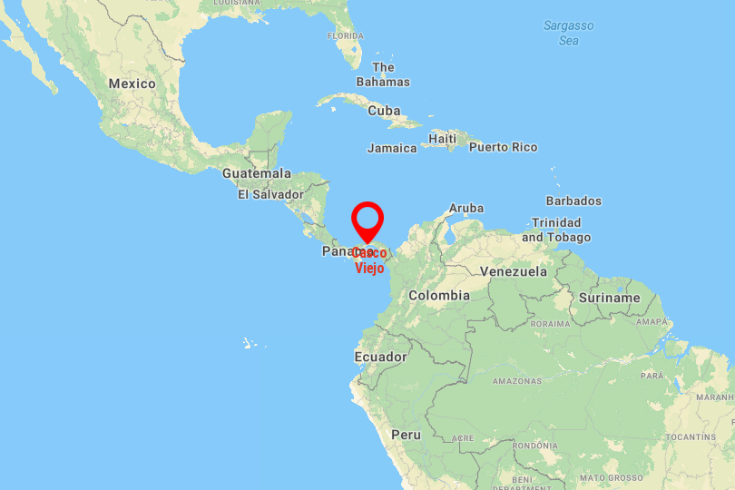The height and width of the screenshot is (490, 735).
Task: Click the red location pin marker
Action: click(x=367, y=220)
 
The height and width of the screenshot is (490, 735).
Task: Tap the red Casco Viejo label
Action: click(x=368, y=260)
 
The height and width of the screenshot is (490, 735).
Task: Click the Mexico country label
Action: click(x=132, y=83)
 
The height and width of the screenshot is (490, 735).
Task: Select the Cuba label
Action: click(x=384, y=111)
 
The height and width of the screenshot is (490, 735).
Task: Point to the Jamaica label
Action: click(x=392, y=148)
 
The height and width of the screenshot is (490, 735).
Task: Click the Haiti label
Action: click(x=443, y=138)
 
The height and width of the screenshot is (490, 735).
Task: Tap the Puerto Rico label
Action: click(x=503, y=147)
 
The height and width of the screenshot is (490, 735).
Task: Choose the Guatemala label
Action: click(x=257, y=173)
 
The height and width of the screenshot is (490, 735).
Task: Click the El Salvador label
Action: click(x=270, y=194)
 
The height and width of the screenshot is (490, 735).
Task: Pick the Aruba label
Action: click(x=466, y=208)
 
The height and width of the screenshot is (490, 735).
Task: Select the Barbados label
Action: click(x=573, y=201)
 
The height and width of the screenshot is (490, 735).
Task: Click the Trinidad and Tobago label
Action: click(x=556, y=230)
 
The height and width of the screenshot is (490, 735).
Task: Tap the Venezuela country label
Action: click(x=514, y=271)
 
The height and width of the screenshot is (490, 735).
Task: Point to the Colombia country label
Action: click(x=439, y=295)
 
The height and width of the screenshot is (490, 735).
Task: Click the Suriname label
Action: click(x=609, y=298)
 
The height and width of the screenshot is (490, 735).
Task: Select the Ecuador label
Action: click(x=381, y=357)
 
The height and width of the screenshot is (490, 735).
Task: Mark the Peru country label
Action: click(x=406, y=435)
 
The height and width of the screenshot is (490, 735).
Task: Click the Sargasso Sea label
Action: click(x=569, y=33)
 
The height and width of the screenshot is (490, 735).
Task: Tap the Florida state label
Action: click(x=345, y=36)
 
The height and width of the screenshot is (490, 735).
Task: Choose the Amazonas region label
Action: click(x=517, y=381)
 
